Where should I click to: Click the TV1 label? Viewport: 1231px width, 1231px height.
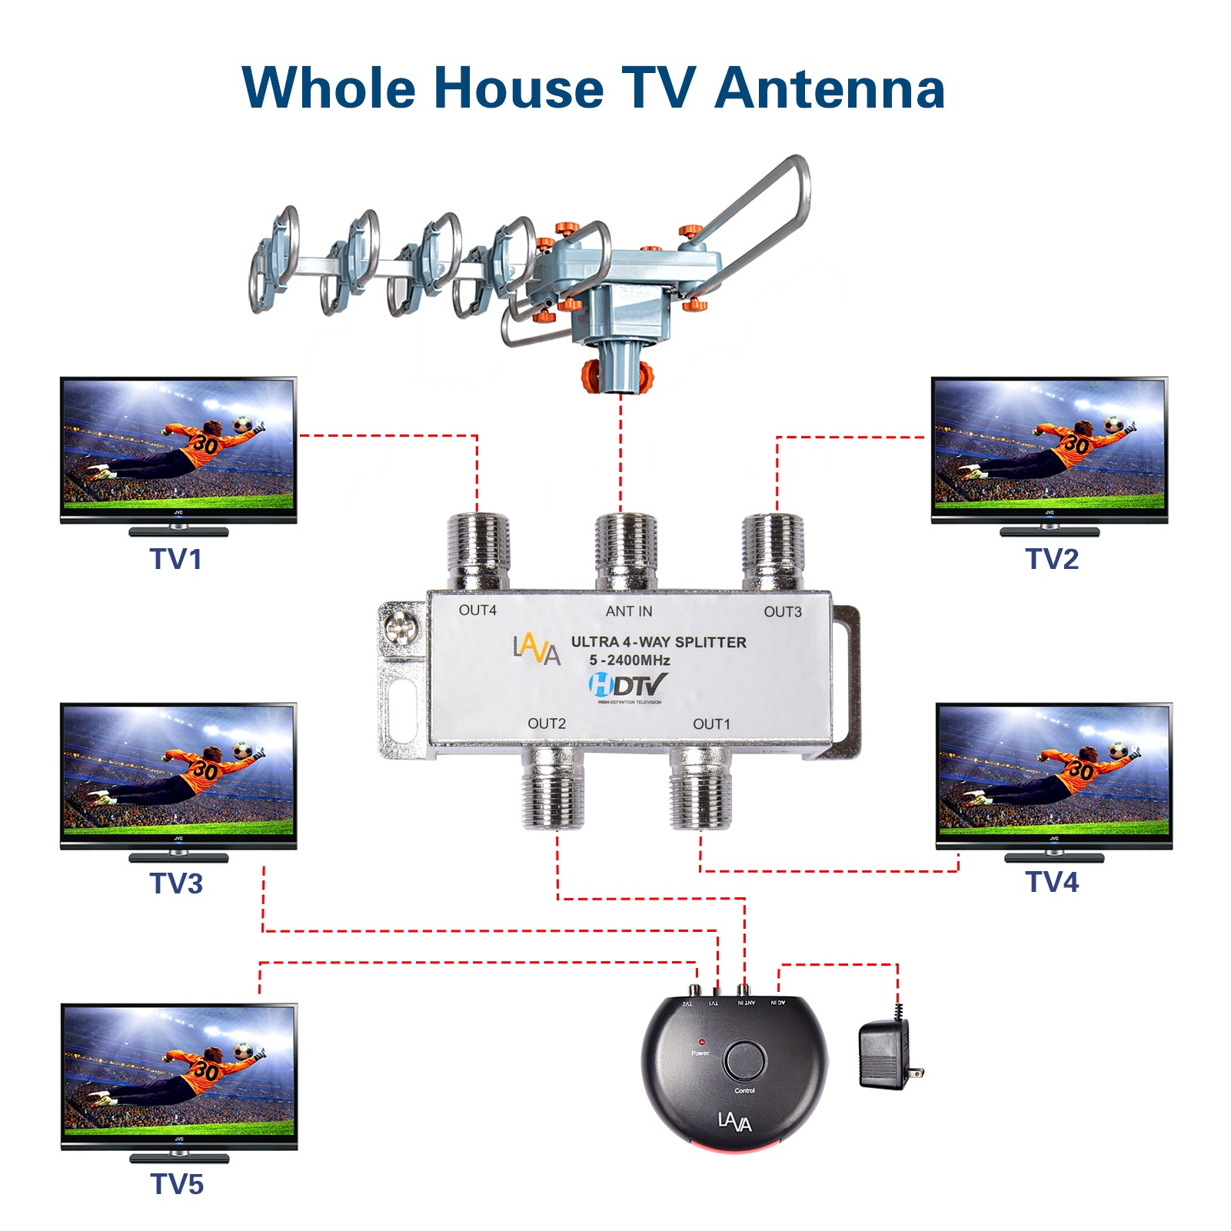(176, 559)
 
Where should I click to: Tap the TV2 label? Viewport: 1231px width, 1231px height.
(1052, 559)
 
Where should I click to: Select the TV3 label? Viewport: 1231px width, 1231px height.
(176, 883)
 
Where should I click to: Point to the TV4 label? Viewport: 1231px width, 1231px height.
(1052, 882)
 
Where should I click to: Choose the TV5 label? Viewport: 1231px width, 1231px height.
(177, 1184)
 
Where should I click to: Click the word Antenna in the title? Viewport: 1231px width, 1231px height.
(830, 88)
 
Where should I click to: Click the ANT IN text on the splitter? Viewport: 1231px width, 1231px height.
(628, 611)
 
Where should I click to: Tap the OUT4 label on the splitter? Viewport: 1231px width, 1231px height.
(477, 611)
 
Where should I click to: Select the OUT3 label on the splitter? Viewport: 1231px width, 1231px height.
(783, 612)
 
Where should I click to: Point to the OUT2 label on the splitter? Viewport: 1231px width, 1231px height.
(547, 724)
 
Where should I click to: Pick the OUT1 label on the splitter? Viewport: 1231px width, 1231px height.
(711, 724)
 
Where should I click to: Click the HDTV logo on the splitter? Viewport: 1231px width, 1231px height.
(627, 684)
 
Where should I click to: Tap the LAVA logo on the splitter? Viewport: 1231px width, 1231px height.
(537, 649)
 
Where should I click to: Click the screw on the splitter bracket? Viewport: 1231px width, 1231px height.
(402, 629)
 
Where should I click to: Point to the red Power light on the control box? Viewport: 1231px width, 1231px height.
(701, 1043)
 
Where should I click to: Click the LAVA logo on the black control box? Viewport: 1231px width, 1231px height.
(734, 1122)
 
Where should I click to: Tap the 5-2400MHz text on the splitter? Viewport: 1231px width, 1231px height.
(630, 660)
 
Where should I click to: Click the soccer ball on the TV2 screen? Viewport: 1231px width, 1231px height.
(1113, 424)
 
